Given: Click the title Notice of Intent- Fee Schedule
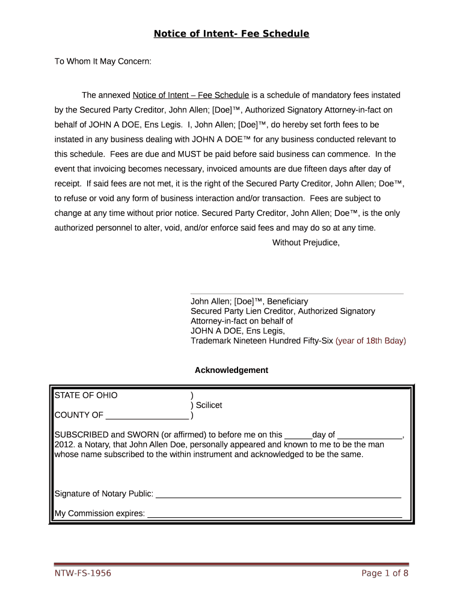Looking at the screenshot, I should click(231, 34).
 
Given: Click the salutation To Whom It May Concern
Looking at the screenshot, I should click(103, 61).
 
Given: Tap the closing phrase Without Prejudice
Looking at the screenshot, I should click(306, 242).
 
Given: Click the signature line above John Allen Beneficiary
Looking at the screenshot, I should click(297, 294).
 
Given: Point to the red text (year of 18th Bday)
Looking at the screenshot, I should click(370, 340).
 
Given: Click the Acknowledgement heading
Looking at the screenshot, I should click(231, 370).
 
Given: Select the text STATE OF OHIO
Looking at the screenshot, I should click(86, 395).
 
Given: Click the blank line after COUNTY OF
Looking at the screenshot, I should click(147, 416).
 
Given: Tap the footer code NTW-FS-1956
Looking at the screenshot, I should click(83, 573).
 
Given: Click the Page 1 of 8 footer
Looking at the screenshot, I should click(385, 573).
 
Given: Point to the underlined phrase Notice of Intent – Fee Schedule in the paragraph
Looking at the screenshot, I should click(191, 95).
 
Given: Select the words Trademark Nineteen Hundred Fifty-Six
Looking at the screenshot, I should click(262, 340).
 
